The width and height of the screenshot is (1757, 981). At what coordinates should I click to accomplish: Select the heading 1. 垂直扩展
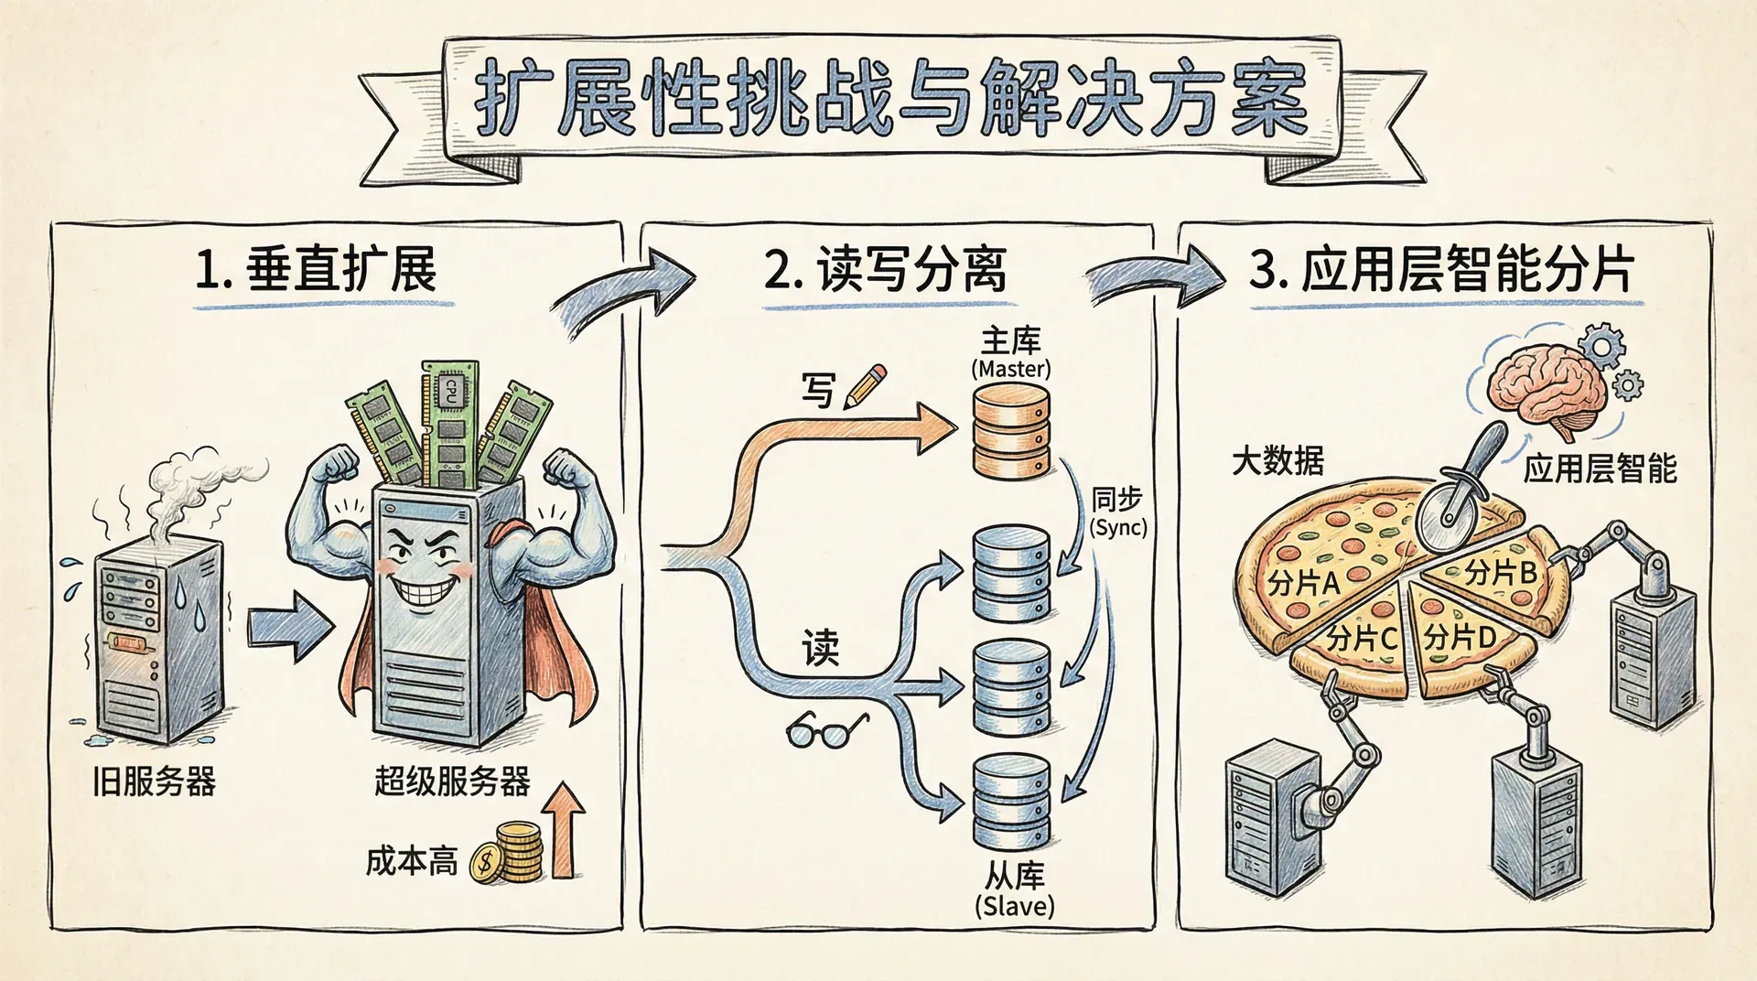coord(317,271)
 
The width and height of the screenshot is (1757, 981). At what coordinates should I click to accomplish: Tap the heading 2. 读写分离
coord(886,271)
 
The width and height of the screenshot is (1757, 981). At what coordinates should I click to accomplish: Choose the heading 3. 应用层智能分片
coord(1441,271)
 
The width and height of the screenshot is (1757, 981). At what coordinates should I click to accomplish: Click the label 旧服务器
coord(154,782)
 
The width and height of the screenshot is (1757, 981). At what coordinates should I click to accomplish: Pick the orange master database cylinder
coord(1011,430)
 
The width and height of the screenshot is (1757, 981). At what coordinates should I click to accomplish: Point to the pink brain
coord(1546,389)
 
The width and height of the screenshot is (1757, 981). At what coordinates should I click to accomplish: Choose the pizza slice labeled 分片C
coord(1359,641)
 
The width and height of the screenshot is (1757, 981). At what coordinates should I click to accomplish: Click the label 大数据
coord(1277,460)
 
